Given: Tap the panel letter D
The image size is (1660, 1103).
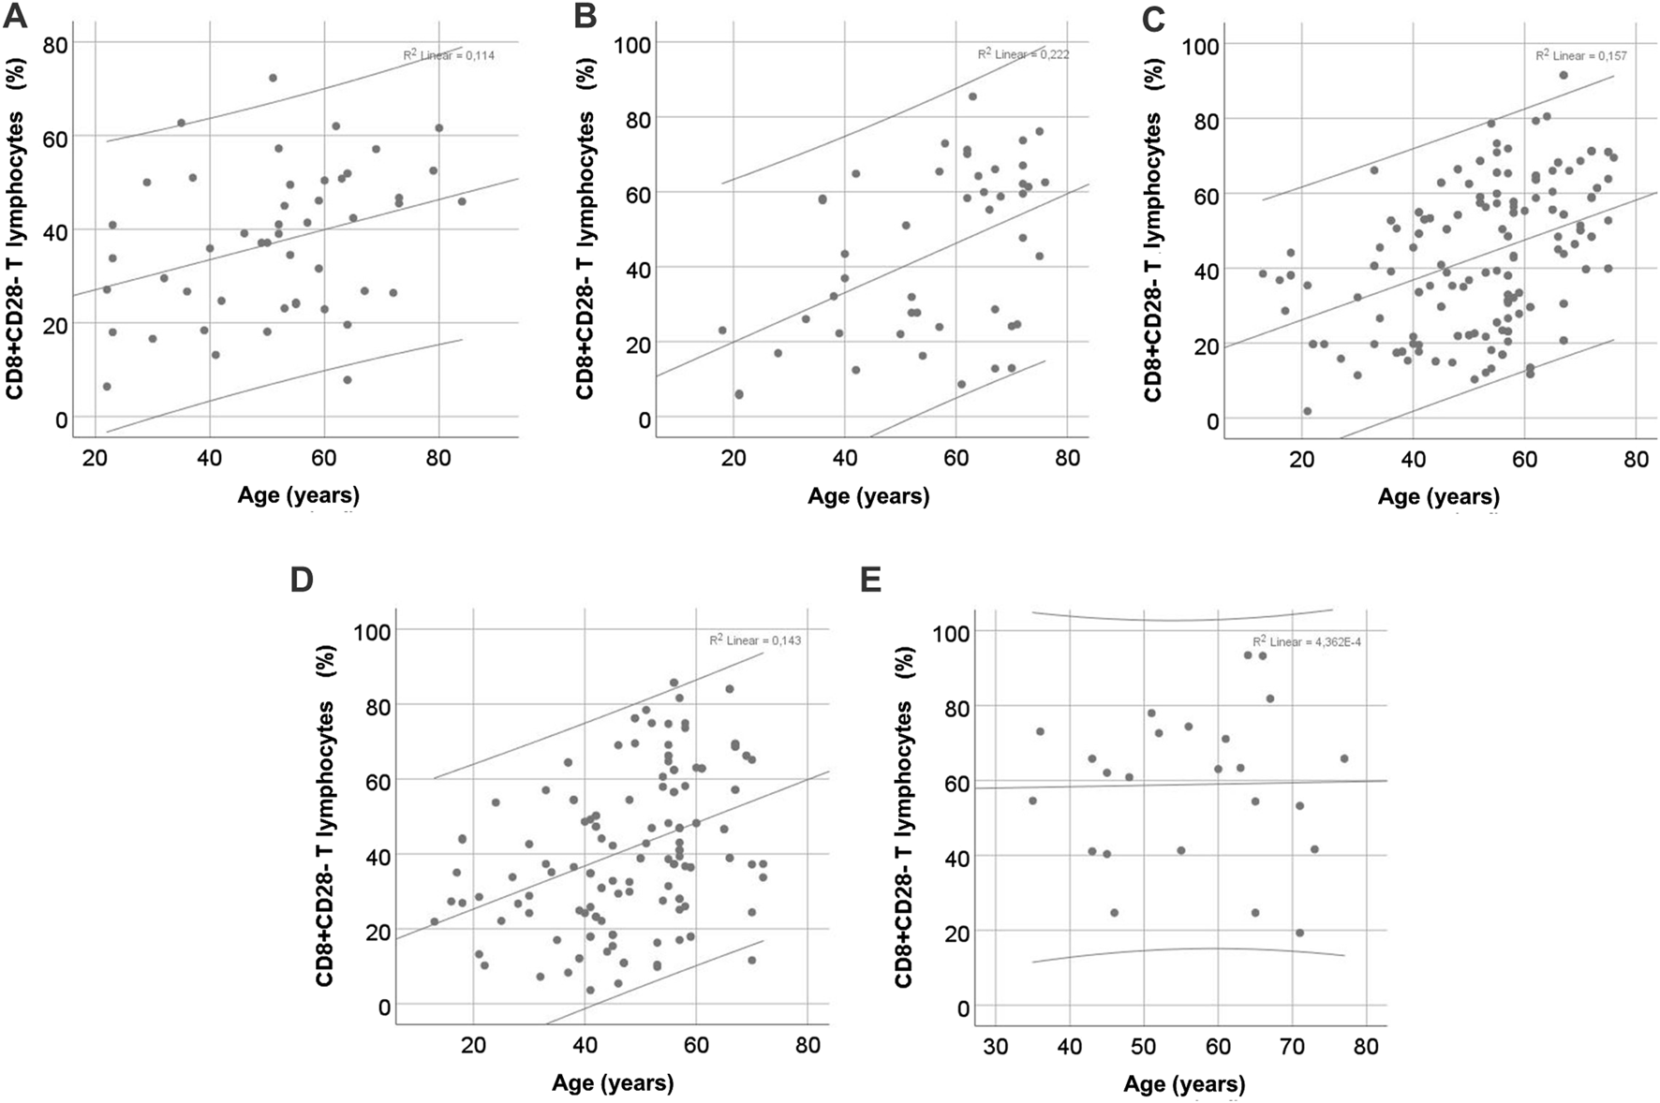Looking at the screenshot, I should [x=302, y=580].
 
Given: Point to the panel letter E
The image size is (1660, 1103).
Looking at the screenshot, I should [x=870, y=580].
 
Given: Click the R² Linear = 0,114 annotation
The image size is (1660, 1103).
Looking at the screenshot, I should [x=449, y=55].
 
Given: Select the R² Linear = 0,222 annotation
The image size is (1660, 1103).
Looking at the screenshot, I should [x=1023, y=54].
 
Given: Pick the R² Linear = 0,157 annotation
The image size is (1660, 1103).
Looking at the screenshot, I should [x=1580, y=55].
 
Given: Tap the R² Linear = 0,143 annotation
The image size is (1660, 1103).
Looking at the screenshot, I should [x=755, y=640].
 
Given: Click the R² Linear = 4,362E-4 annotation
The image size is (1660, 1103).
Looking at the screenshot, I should [x=1306, y=641].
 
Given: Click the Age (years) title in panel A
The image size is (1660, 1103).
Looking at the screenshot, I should [x=299, y=494].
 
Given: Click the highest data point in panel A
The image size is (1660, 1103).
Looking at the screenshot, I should [x=273, y=78].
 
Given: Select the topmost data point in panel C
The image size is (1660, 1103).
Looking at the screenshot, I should [x=1564, y=75].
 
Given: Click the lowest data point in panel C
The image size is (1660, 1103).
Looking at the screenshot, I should [x=1307, y=411].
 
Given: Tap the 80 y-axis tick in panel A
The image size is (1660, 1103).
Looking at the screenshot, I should [x=57, y=44].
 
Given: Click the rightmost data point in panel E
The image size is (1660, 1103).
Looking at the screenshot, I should [x=1344, y=758].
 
